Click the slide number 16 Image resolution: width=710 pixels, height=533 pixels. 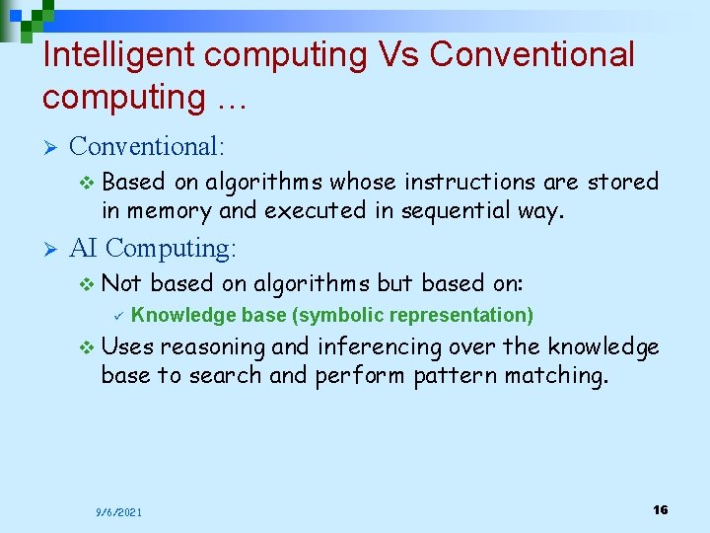coord(660,509)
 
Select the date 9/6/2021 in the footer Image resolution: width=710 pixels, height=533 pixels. coord(118,511)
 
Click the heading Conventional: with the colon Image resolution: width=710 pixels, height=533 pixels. coord(148,147)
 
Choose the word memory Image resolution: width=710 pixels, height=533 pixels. coord(165,211)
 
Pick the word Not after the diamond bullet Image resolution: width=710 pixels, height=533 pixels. coord(122,283)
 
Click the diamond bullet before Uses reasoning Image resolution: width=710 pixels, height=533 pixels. coord(87,347)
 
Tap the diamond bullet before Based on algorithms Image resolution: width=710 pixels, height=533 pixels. coord(87,183)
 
